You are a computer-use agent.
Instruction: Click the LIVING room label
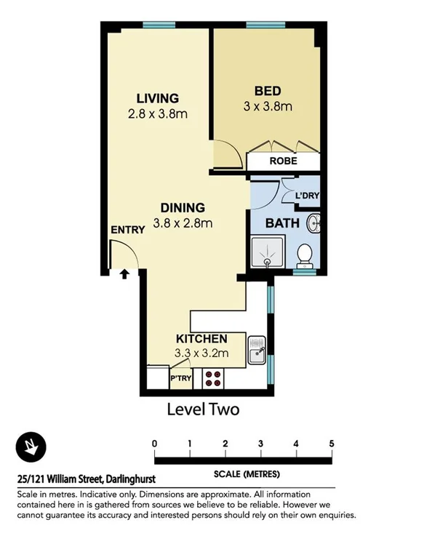[x=158, y=98]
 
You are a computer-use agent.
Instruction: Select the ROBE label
[x=283, y=161]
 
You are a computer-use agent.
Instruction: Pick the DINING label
[x=183, y=207]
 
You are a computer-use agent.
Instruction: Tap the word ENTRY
[x=127, y=229]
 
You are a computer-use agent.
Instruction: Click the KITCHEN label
[x=202, y=339]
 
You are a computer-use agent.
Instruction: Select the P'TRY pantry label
[x=180, y=379]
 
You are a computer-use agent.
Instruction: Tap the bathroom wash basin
[x=314, y=222]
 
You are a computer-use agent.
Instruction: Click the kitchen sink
[x=257, y=350]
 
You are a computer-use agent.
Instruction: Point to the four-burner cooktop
[x=213, y=377]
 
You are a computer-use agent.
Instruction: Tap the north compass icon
[x=31, y=446]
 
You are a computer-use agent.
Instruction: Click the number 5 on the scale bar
[x=332, y=443]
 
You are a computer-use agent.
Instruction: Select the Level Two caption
[x=203, y=409]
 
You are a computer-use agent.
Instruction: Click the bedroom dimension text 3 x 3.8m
[x=268, y=106]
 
